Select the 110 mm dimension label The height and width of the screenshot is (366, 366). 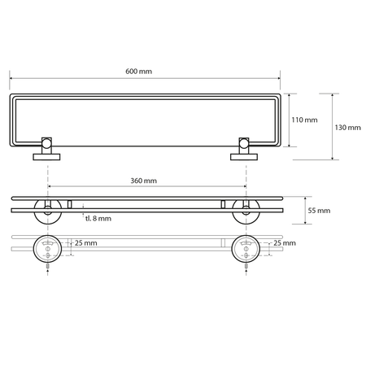pos(305,120)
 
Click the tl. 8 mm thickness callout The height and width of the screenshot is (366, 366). pos(98,218)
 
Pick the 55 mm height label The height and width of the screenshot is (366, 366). pos(319,211)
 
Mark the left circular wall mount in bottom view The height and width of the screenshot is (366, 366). pos(48,248)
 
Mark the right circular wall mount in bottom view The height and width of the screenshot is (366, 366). pos(243,248)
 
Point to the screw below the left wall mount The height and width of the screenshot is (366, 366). pos(48,267)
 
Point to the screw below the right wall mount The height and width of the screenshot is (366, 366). pos(243,267)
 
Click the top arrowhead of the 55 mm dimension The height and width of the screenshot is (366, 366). pos(303,198)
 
